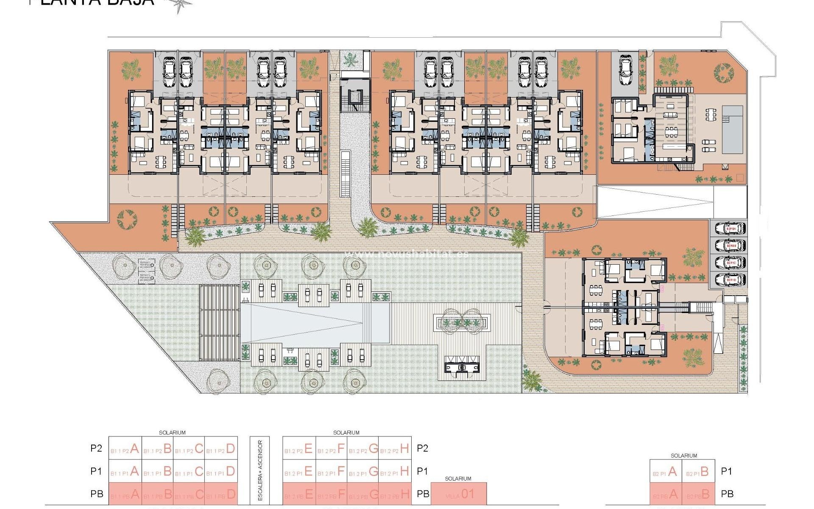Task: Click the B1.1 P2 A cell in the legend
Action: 125,448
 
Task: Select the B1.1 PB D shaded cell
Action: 221,494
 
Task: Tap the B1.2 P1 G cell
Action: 363,471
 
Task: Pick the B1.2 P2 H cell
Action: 395,448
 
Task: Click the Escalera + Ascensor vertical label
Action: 260,470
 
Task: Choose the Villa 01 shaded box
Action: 459,494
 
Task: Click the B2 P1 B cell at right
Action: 699,472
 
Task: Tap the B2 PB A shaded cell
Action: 666,494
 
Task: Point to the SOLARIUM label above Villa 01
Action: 458,478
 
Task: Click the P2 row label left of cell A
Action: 96,448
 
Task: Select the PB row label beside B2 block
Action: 727,494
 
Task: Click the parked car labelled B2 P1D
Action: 730,280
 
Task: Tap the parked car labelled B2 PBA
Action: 730,229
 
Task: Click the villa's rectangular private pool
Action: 733,129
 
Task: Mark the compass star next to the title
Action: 178,5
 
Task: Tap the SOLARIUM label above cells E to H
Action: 346,433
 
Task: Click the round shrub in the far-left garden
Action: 127,219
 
